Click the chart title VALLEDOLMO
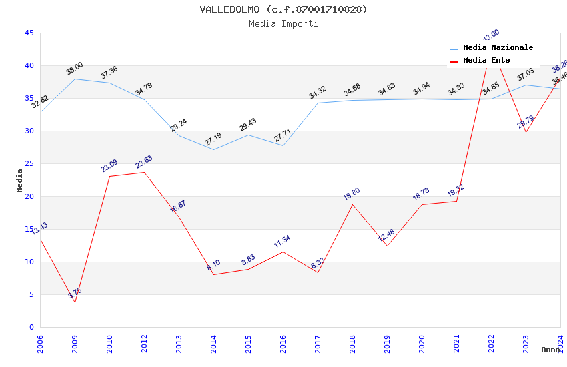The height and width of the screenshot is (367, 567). click(283, 9)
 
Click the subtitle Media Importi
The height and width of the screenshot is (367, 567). click(283, 23)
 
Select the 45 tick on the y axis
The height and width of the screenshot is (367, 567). click(29, 33)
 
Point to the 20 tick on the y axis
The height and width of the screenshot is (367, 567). click(29, 196)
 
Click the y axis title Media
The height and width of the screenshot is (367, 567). click(19, 180)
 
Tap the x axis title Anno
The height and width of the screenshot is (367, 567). click(550, 350)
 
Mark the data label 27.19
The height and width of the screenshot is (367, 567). click(213, 139)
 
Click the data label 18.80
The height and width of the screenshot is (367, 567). click(352, 194)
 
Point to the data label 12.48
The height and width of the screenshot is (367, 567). click(386, 235)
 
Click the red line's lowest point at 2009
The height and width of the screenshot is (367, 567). click(75, 302)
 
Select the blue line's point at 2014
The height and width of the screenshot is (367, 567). click(213, 149)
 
